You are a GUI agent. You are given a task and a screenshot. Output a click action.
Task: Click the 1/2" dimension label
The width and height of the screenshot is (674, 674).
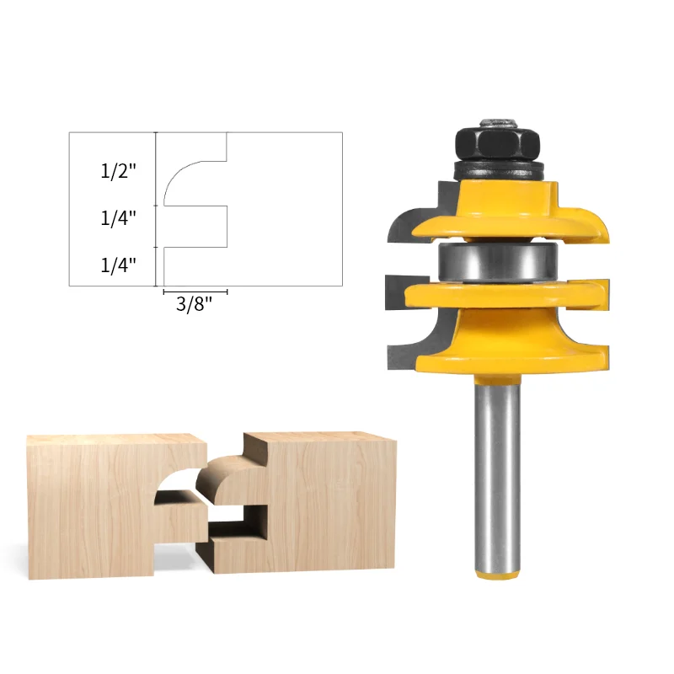click(118, 172)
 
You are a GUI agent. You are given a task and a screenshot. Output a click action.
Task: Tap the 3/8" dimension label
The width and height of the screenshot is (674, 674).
click(195, 304)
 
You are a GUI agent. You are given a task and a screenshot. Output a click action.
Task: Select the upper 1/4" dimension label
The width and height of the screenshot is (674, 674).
click(118, 218)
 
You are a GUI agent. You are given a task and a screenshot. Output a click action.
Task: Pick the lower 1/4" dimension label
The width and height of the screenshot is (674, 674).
click(118, 265)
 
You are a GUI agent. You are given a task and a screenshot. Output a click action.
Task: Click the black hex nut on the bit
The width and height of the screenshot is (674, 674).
click(497, 143)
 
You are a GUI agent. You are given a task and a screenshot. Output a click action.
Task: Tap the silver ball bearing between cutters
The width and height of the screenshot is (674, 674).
click(498, 262)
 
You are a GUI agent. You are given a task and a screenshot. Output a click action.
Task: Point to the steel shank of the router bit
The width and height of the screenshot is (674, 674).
click(498, 477)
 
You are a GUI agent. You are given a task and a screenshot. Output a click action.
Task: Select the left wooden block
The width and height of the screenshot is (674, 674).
click(116, 507)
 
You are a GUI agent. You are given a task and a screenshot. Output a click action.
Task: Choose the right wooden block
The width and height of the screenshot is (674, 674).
click(301, 503)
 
